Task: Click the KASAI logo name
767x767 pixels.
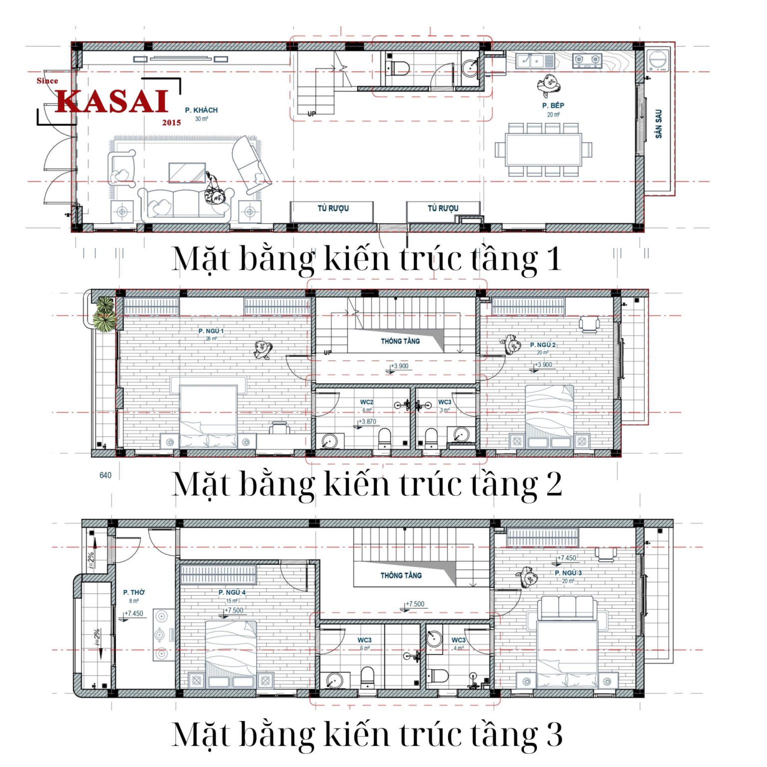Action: click(111, 101)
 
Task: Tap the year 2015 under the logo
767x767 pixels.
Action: click(171, 122)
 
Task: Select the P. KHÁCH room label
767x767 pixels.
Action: click(201, 110)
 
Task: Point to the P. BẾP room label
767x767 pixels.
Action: click(553, 105)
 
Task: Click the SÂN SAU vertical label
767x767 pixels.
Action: click(659, 123)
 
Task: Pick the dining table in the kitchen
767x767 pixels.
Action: click(543, 150)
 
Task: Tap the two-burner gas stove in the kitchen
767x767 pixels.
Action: click(587, 60)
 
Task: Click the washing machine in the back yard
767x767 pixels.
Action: click(658, 60)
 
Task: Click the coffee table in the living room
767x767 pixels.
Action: click(187, 173)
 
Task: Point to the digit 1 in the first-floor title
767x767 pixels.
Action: click(553, 259)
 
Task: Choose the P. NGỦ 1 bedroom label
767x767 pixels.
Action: click(211, 331)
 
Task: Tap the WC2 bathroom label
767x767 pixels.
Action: click(367, 402)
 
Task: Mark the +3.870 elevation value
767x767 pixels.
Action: click(368, 421)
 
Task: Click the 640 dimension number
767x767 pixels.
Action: click(105, 475)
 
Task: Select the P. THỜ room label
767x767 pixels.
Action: click(134, 592)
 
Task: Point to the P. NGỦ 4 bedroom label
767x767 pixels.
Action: click(232, 592)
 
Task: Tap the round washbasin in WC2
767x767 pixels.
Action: click(329, 441)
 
